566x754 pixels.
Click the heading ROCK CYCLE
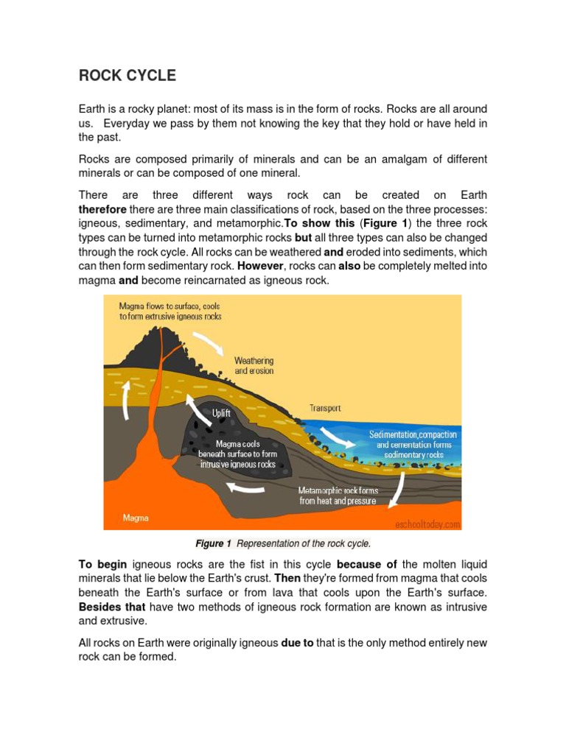tap(127, 76)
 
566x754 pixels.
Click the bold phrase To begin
tap(102, 565)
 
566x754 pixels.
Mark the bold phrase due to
tap(297, 643)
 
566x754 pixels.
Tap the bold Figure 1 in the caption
tap(213, 544)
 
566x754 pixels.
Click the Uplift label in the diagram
tap(221, 413)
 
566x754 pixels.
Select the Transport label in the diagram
tap(325, 408)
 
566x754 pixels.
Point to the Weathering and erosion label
tap(254, 365)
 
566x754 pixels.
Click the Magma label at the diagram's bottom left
tap(136, 518)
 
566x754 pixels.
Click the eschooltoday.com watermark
tap(427, 524)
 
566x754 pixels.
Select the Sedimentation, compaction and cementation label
tap(413, 445)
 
